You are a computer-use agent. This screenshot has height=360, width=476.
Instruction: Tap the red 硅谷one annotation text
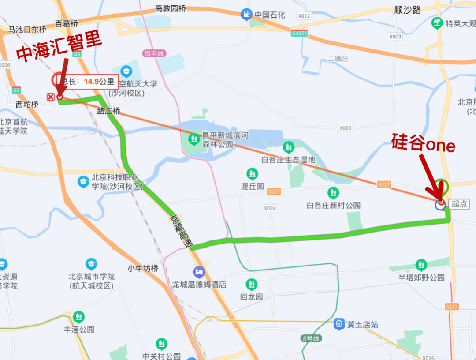[423, 143]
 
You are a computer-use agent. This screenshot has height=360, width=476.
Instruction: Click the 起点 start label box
[459, 204]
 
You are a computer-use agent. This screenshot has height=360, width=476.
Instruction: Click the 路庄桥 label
[108, 111]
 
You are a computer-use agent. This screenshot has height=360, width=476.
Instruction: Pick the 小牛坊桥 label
[143, 268]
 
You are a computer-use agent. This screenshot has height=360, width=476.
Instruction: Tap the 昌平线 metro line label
[154, 53]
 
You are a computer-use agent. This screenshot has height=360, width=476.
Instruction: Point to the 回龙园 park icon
[252, 284]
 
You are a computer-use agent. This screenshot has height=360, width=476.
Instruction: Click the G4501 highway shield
[299, 34]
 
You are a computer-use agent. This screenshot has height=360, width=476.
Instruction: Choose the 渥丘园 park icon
[252, 173]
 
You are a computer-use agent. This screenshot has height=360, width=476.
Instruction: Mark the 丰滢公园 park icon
[79, 317]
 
